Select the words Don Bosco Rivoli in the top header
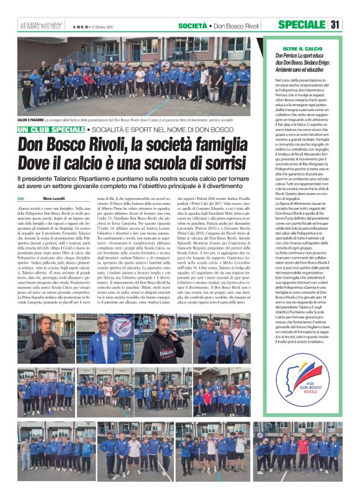235,25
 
